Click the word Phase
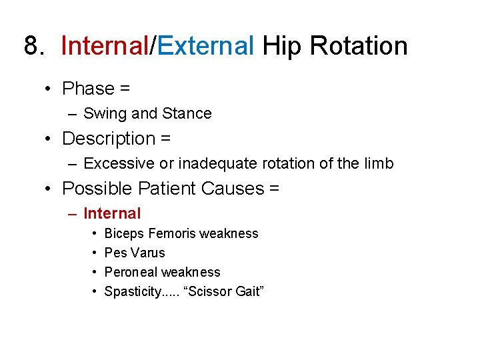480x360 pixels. pyautogui.click(x=88, y=89)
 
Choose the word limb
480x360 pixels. pyautogui.click(x=379, y=164)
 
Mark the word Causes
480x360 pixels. pyautogui.click(x=233, y=189)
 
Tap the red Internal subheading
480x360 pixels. pyautogui.click(x=112, y=214)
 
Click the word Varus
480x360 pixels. pyautogui.click(x=148, y=253)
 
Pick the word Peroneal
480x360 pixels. pyautogui.click(x=131, y=273)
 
